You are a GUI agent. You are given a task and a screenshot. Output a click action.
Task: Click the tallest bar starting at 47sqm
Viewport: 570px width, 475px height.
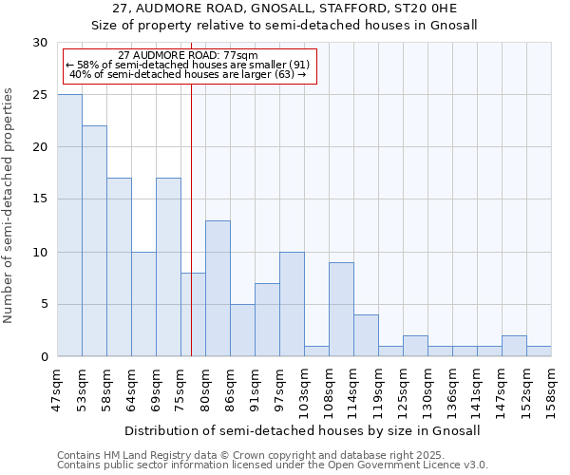tap(69, 225)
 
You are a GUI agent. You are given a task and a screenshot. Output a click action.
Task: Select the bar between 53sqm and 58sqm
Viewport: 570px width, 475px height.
tap(94, 241)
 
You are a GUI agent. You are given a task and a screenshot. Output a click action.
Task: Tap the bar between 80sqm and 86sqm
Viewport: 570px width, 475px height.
tap(218, 289)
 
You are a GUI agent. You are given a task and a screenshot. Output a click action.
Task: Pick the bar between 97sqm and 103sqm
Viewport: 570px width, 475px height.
tap(292, 304)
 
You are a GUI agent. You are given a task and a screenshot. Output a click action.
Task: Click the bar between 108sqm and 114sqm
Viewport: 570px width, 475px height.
tap(341, 310)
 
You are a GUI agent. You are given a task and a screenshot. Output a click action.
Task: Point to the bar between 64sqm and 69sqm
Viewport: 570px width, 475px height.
tap(143, 304)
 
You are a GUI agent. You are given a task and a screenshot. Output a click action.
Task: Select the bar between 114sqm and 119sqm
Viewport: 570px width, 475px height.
tap(366, 335)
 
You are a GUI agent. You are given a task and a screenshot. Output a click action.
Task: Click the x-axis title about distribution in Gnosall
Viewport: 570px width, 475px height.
tap(302, 430)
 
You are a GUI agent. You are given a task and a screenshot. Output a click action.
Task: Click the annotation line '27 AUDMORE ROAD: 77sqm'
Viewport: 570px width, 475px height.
tap(187, 56)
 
